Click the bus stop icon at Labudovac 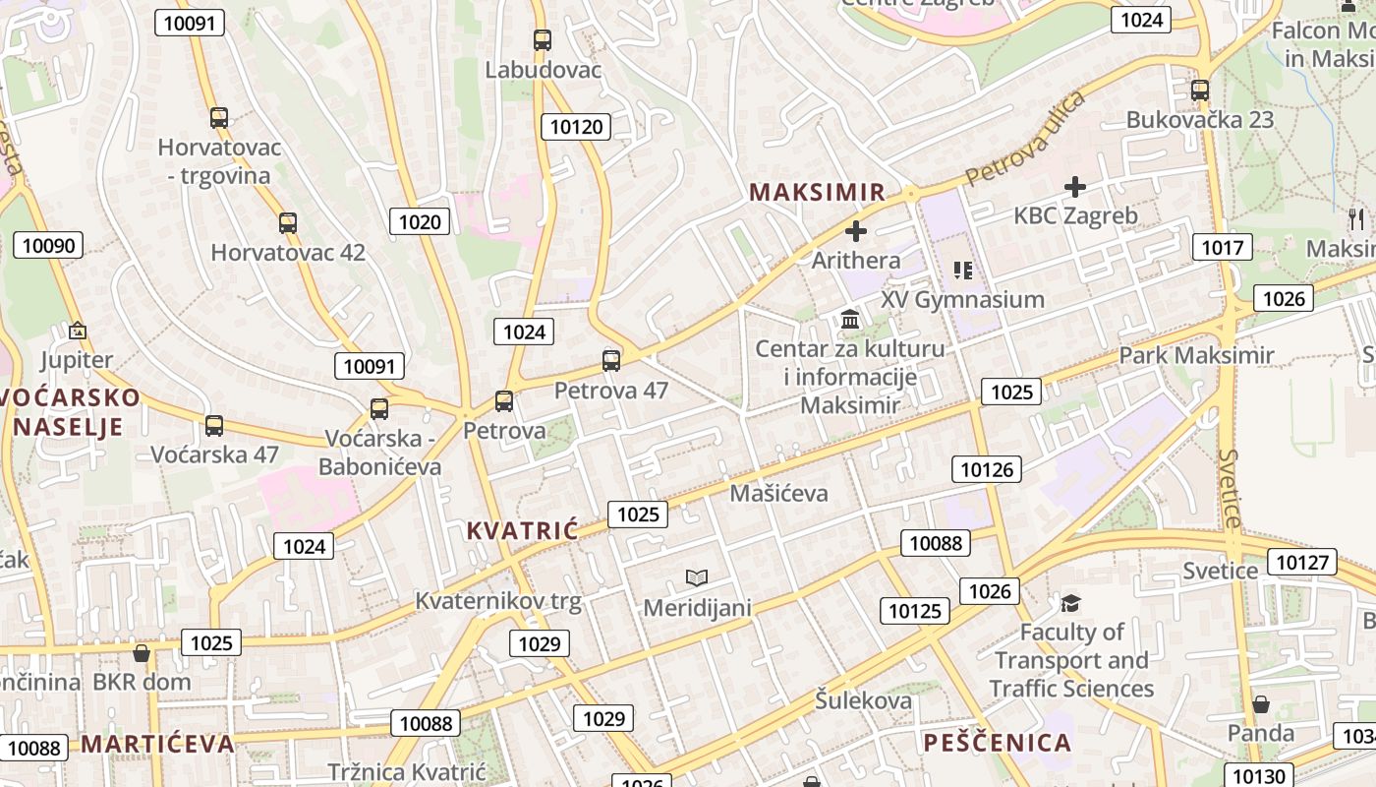point(542,40)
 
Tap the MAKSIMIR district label point(818,192)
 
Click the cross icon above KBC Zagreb point(1075,186)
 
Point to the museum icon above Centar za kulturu point(851,320)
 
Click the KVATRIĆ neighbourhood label point(522,531)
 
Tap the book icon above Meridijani point(697,577)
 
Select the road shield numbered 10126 point(987,469)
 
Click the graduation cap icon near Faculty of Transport point(1070,602)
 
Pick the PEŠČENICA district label point(997,743)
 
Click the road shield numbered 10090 point(48,245)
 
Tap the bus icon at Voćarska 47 point(213,426)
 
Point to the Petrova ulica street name point(1025,139)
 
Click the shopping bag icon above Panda point(1260,704)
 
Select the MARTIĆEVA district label point(157,744)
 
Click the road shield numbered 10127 point(1303,563)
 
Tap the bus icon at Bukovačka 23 point(1199,91)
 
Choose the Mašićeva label point(778,493)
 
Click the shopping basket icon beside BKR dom point(142,653)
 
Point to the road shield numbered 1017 point(1223,247)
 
